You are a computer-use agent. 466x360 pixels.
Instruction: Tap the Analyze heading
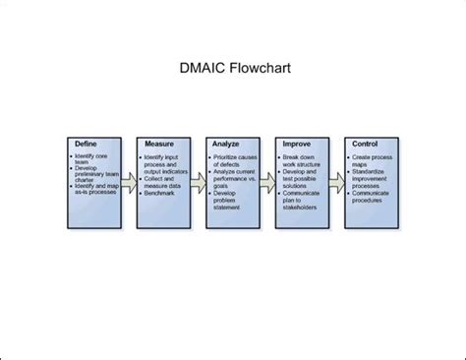(225, 144)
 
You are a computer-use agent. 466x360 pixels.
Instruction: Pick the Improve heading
(296, 144)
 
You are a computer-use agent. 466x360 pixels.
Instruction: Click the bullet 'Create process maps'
(375, 160)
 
